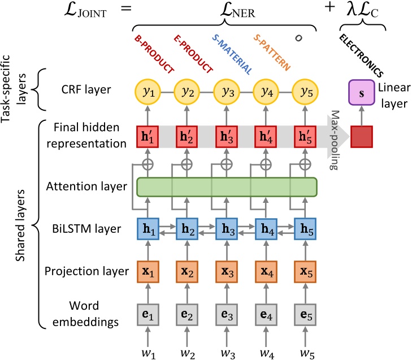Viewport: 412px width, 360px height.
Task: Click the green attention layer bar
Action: click(226, 187)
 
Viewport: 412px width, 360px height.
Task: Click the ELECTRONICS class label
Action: click(362, 56)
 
